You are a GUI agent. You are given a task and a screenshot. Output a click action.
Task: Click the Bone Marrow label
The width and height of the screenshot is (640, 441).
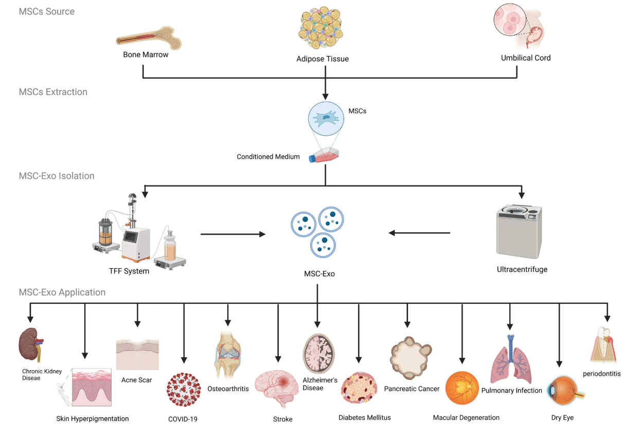(146, 54)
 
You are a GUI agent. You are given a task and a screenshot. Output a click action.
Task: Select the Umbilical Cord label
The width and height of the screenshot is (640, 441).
(526, 58)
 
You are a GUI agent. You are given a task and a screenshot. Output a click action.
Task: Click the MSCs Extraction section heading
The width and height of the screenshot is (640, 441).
(53, 92)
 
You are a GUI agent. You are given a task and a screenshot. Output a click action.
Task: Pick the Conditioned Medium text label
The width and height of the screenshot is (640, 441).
(268, 157)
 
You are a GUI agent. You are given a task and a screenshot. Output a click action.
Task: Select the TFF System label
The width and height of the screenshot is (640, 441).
(130, 271)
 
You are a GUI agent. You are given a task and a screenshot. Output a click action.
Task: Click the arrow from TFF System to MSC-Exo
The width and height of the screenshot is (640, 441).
(233, 234)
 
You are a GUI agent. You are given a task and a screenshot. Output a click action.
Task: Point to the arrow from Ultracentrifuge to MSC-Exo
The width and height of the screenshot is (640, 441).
(419, 233)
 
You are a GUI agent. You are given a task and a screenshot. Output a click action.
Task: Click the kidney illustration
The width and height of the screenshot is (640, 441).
(30, 345)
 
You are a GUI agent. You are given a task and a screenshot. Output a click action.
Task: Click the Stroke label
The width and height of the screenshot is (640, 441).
(282, 419)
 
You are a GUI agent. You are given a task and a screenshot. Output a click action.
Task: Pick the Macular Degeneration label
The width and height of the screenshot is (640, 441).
(466, 417)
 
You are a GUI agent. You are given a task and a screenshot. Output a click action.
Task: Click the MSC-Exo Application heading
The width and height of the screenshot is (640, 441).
(62, 292)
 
